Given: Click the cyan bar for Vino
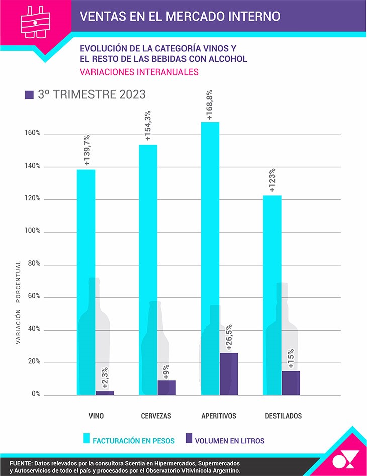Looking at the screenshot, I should coord(86,282).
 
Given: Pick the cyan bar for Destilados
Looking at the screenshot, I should coord(272,295).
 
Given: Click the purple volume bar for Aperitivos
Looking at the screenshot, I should coord(229,374).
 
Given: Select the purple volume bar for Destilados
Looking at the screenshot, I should coord(291,383).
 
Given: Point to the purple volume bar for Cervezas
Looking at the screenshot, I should coord(166,387).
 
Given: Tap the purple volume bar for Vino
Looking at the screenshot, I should coord(105,393).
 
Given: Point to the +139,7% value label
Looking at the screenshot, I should coord(87,150).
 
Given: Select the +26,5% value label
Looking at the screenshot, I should coord(229,335).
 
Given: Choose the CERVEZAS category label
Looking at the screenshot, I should coord(156,416).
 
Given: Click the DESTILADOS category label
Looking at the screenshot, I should coord(284,416).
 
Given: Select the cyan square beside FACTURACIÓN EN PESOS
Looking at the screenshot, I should coord(87,438).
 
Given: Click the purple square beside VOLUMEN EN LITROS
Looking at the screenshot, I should coord(190,438).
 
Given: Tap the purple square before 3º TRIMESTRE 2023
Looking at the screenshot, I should coord(29,94).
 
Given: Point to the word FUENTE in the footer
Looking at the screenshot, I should coord(21,463).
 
